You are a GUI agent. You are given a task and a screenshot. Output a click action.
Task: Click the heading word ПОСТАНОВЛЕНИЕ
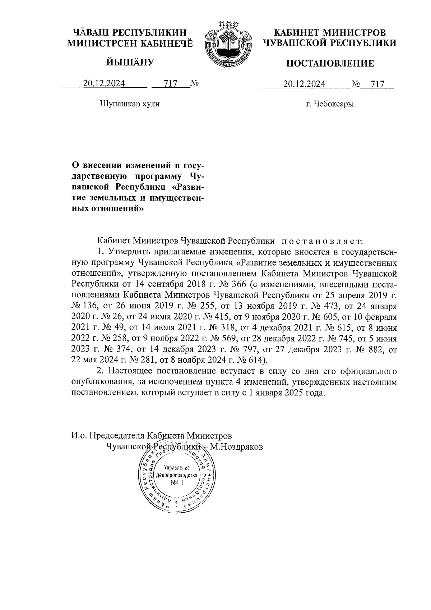(x=329, y=64)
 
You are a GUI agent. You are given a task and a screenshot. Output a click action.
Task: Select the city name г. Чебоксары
(x=330, y=104)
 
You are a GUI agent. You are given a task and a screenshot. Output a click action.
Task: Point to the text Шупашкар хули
(x=129, y=104)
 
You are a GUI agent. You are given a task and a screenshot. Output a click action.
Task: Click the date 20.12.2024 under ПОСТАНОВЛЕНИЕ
(x=304, y=84)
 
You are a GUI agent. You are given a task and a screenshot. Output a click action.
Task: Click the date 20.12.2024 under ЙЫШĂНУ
(x=104, y=84)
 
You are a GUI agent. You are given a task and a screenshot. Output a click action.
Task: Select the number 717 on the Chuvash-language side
(x=171, y=84)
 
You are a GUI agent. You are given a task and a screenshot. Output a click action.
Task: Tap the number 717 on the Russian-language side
(x=377, y=84)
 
